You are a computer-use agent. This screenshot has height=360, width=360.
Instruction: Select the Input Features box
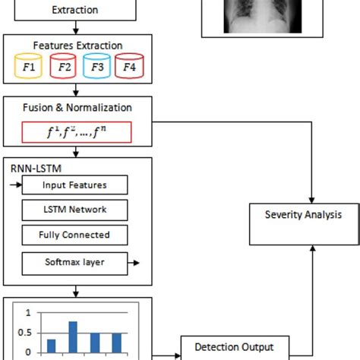coord(74,185)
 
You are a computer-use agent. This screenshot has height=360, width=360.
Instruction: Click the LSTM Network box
coord(74,210)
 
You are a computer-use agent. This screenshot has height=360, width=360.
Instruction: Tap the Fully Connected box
coord(74,235)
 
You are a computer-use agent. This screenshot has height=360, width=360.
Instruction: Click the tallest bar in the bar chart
coord(73,337)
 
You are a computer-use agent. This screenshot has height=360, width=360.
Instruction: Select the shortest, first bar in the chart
coord(51,346)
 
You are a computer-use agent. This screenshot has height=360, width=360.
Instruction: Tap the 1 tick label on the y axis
coord(29,312)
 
